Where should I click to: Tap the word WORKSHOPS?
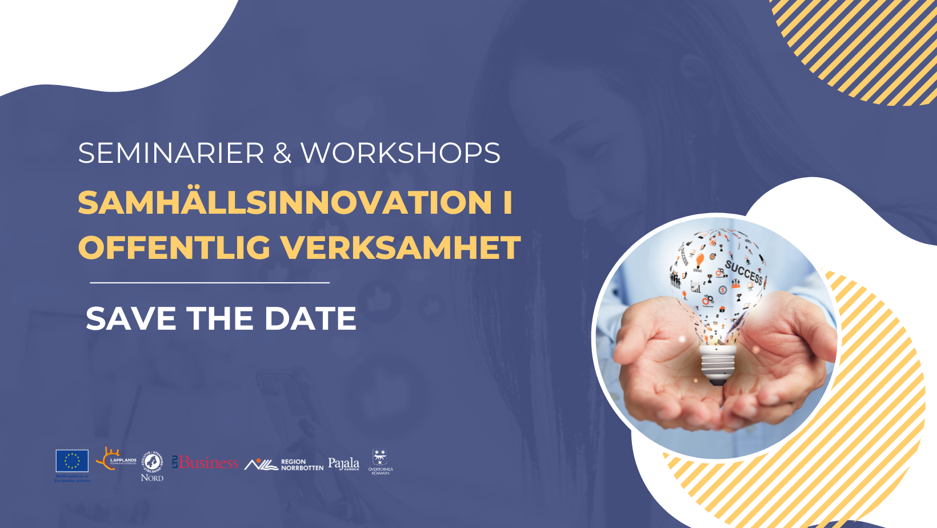(400, 153)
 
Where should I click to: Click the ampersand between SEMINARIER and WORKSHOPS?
(282, 153)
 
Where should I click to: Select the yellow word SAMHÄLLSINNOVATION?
(285, 202)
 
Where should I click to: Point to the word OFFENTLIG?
(174, 247)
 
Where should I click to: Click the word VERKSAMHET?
(400, 247)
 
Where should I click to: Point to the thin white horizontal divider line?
(210, 282)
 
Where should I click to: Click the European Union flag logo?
(72, 461)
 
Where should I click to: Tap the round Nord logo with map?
(152, 462)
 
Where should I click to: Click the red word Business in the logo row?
(208, 462)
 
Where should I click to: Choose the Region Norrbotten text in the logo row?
(302, 465)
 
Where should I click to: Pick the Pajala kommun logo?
(343, 463)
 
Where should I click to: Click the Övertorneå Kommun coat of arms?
(380, 458)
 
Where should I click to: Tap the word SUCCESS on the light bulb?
(744, 272)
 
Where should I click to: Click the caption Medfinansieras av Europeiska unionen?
(72, 478)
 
